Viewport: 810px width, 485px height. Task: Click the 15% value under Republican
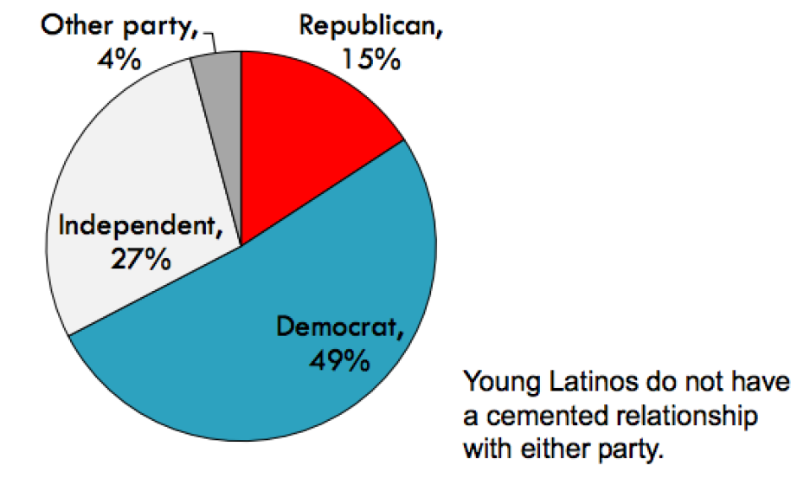click(x=370, y=61)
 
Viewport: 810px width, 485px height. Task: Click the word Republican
click(x=370, y=26)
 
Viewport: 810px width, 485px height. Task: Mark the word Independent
click(x=137, y=227)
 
